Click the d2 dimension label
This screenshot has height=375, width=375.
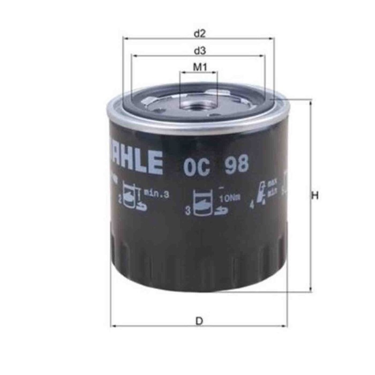[x=199, y=33]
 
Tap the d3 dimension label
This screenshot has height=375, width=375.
[x=199, y=51]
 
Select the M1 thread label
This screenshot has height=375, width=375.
[x=199, y=68]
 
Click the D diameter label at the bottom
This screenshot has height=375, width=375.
[x=199, y=321]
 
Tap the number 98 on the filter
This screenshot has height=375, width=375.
[x=236, y=163]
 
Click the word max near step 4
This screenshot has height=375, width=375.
[x=273, y=184]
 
